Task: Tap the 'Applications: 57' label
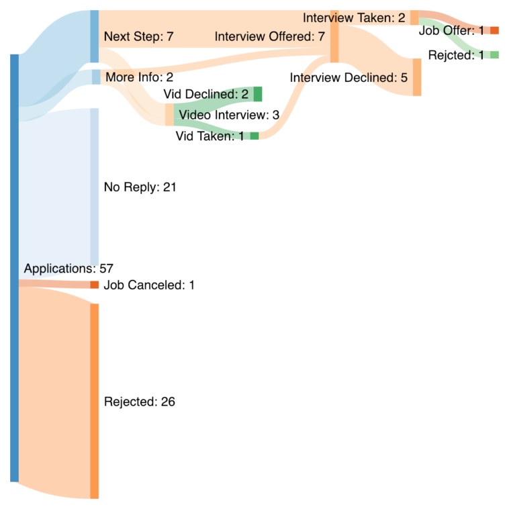[68, 269]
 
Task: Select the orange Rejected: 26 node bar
[95, 401]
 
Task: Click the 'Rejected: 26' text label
[140, 402]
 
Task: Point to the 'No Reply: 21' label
[140, 187]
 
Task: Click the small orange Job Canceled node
[95, 285]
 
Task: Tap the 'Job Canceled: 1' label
[148, 285]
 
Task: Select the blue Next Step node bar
[95, 36]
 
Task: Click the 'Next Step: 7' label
[138, 37]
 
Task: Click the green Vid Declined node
[257, 94]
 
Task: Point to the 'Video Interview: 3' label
[228, 115]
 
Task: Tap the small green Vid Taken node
[254, 136]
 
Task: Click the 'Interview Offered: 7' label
[269, 37]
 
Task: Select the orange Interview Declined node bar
[417, 77]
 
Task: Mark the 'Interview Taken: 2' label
[354, 17]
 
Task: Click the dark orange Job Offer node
[494, 30]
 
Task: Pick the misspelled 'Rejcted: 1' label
[456, 55]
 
